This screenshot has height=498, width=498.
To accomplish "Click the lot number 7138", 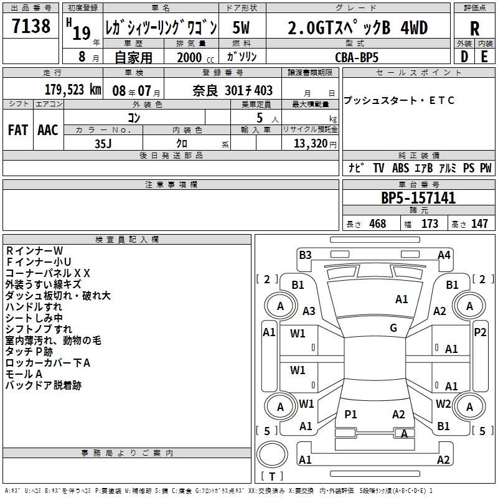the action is [31, 26].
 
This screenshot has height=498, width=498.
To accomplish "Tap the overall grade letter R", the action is [474, 29].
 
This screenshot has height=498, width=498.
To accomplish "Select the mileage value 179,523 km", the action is [73, 90].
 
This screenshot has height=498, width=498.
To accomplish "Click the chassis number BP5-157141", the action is [418, 198].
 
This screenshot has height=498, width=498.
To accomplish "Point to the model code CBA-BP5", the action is [357, 57].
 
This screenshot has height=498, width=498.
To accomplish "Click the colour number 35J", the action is [103, 144].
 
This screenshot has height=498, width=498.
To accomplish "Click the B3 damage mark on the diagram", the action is [305, 255].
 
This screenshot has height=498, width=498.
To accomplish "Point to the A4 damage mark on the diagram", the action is [444, 255].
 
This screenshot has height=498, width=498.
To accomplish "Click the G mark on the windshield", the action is [393, 328].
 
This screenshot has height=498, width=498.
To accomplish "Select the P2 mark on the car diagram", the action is [480, 332].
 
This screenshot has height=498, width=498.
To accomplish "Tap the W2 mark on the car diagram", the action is [443, 403].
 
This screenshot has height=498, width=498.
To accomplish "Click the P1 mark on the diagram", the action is [350, 414].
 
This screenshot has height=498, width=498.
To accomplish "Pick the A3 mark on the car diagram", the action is [309, 311].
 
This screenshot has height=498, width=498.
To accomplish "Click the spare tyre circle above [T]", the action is [272, 454].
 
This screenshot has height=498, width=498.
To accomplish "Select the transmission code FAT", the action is [18, 130].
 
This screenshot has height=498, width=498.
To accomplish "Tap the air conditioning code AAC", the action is [48, 130].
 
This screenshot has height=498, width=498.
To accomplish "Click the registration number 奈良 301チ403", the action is [232, 91].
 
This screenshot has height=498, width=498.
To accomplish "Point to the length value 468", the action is [378, 223].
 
